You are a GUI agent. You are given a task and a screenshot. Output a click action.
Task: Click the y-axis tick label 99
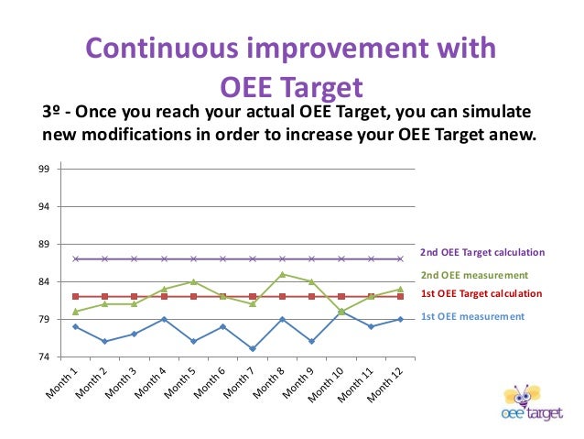coord(44,170)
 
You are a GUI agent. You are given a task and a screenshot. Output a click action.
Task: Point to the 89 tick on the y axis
coord(44,245)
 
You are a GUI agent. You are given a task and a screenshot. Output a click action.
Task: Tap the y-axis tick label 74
coord(44,357)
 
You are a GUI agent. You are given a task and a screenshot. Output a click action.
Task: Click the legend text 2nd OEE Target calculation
coord(482,252)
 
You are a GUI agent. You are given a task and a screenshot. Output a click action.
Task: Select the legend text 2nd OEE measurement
coord(474,275)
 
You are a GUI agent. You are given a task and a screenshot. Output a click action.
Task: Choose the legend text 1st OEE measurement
coord(472,316)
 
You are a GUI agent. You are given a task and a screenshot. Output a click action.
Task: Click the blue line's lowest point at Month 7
coord(253,348)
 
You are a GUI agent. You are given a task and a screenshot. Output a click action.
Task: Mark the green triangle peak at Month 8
coord(282,274)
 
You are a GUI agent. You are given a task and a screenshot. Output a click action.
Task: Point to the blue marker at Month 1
coord(75,326)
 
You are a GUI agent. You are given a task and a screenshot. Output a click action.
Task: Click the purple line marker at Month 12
coord(400,258)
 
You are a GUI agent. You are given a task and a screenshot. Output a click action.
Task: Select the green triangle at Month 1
coord(75,312)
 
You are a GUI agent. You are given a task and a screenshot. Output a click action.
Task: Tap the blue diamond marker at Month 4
coord(164,319)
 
